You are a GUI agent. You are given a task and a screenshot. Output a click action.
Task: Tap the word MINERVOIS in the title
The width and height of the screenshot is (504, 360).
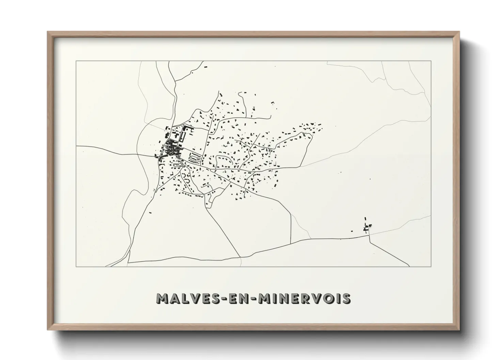tap(304, 299)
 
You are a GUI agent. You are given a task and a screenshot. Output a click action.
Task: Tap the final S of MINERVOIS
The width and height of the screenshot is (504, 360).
tap(346, 299)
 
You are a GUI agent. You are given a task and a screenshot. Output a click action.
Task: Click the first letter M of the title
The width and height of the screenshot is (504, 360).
tap(161, 299)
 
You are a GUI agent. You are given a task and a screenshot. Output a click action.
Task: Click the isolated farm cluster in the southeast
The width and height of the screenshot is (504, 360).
tap(367, 227)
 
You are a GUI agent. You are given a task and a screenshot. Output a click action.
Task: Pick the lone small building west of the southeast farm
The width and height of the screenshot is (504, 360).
tap(352, 231)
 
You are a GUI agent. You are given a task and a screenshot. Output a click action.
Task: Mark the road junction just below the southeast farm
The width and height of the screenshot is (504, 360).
tap(369, 235)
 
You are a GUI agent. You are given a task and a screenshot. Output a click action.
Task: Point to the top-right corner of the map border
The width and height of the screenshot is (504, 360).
tap(431, 61)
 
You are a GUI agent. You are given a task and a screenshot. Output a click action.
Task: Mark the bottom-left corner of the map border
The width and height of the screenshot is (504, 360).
tap(76, 267)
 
